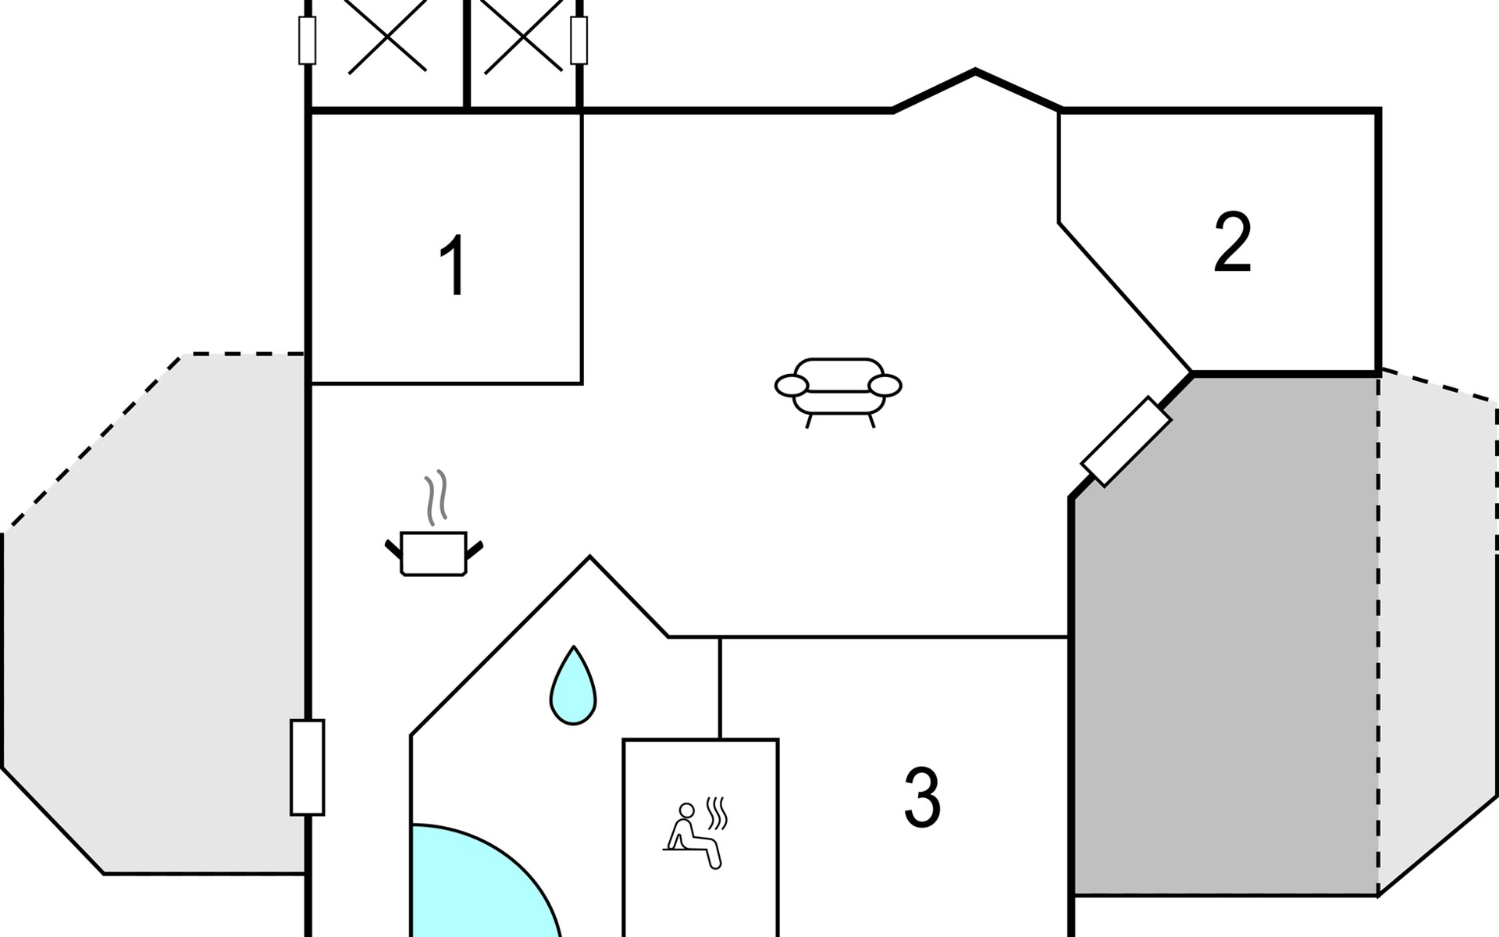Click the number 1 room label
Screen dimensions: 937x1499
453,266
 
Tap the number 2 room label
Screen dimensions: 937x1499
1232,243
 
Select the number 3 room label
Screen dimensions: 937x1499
922,797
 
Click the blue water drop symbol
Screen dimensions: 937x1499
574,687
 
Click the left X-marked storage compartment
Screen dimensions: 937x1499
387,36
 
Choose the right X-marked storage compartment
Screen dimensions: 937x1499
523,36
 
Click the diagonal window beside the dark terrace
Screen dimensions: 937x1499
1126,441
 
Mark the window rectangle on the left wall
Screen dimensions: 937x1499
307,768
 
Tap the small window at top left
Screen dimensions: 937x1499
308,40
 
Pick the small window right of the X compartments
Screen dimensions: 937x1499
579,40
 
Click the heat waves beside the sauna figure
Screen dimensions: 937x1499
717,813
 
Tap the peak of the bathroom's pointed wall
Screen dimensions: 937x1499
589,557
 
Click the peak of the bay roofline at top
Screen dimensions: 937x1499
975,72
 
